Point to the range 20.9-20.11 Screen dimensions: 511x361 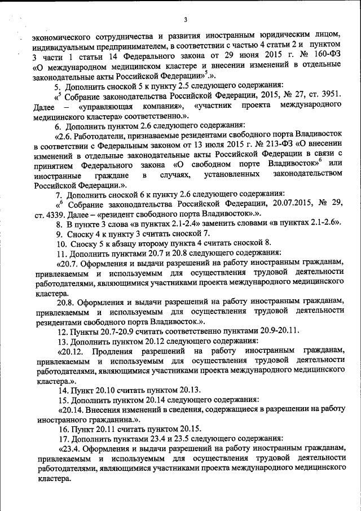tap(276, 329)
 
